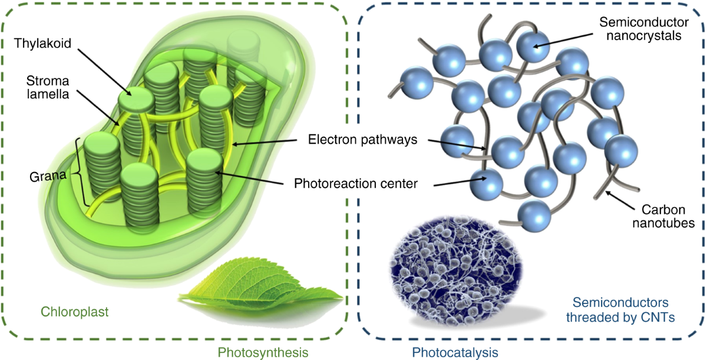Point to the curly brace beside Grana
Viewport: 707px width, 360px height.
click(x=79, y=171)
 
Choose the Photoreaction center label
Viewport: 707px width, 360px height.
click(x=356, y=184)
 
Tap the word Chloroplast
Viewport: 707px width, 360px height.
click(x=74, y=311)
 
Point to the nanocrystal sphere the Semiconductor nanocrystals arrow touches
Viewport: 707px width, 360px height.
click(x=533, y=46)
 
